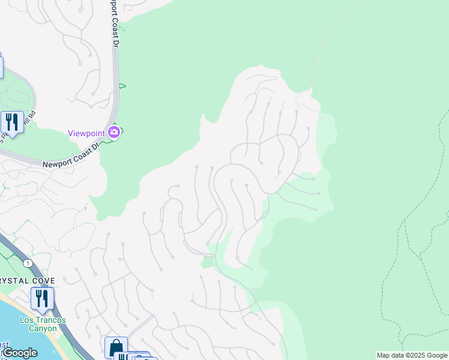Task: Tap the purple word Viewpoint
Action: coord(86,133)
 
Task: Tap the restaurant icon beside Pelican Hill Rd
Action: coord(12,122)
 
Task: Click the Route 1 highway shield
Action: coord(28,263)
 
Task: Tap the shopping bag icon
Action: coord(116,347)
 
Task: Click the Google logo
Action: coord(20,353)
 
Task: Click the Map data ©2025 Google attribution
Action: coord(412,355)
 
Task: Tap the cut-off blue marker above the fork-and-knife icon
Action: coord(1,66)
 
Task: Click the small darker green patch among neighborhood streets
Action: coord(208,262)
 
